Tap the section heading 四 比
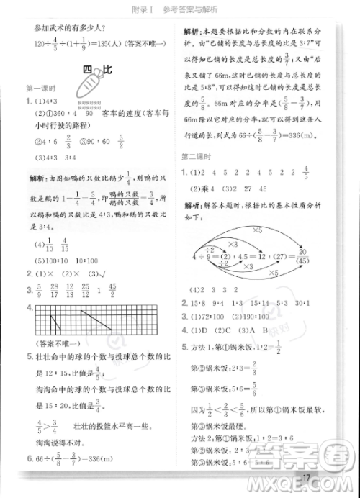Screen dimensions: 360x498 coord(93,71)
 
